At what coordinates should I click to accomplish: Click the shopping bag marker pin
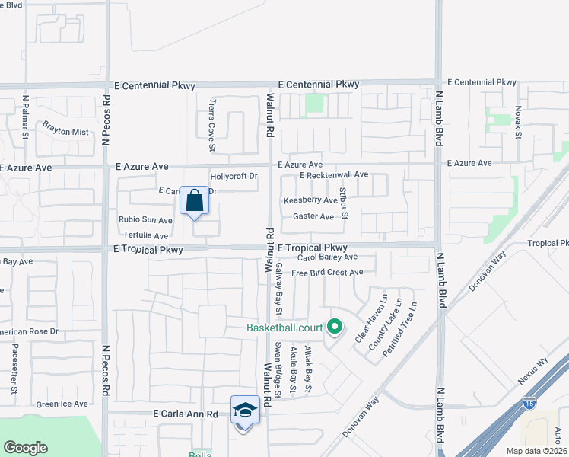coord(195,201)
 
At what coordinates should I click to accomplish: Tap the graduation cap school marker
coord(245,411)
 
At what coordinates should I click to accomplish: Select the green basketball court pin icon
coord(334,328)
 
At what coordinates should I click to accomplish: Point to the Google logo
coord(25,448)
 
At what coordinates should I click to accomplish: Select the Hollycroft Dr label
coord(234,177)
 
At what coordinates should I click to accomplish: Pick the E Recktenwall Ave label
coord(333,175)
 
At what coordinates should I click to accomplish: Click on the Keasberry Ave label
coord(310,200)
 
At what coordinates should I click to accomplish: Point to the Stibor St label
coord(344,202)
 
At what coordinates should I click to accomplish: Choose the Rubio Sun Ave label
coord(145,220)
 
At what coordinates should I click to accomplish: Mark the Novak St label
coord(517,122)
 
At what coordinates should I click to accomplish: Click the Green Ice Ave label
coord(62,404)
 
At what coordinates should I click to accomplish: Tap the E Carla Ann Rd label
coord(186,414)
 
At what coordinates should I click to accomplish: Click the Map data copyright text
coord(537,450)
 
